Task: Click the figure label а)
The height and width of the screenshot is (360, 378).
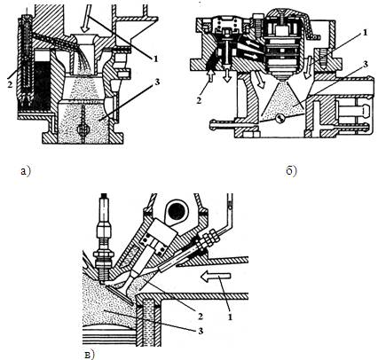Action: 26,171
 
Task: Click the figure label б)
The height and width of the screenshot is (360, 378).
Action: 291,170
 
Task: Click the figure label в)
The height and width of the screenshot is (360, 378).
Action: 90,354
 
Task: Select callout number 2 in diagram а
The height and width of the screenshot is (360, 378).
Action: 11,85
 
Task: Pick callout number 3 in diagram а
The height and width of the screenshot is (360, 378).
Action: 156,82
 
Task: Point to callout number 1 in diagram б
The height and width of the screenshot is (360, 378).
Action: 366,32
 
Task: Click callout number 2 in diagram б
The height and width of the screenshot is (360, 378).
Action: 199,100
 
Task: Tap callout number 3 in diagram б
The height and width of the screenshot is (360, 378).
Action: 366,64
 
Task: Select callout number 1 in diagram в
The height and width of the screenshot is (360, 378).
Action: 230,317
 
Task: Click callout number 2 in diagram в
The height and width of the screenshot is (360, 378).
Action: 201,317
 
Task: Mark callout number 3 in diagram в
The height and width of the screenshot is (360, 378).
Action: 201,331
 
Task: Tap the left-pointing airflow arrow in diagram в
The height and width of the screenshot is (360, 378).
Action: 216,276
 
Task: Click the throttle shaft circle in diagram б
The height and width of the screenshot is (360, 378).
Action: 280,119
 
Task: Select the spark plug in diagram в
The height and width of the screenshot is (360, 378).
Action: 103,239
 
